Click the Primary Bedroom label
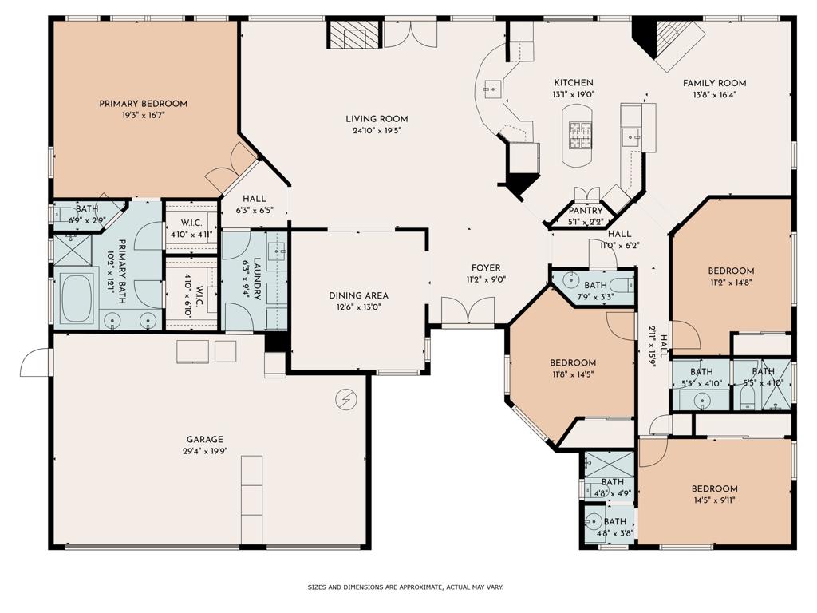pyautogui.click(x=143, y=104)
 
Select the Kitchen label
pyautogui.click(x=574, y=83)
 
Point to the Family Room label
pyautogui.click(x=714, y=83)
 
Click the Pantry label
pyautogui.click(x=586, y=211)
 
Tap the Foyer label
pyautogui.click(x=486, y=268)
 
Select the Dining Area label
pyautogui.click(x=358, y=295)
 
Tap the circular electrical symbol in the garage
pyautogui.click(x=346, y=397)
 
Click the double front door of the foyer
pyautogui.click(x=468, y=310)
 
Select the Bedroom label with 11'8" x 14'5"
pyautogui.click(x=573, y=362)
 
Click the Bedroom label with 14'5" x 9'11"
pyautogui.click(x=714, y=489)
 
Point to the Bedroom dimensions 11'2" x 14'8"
pyautogui.click(x=732, y=282)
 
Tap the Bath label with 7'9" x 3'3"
pyautogui.click(x=595, y=285)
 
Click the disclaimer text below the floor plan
pyautogui.click(x=406, y=587)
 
